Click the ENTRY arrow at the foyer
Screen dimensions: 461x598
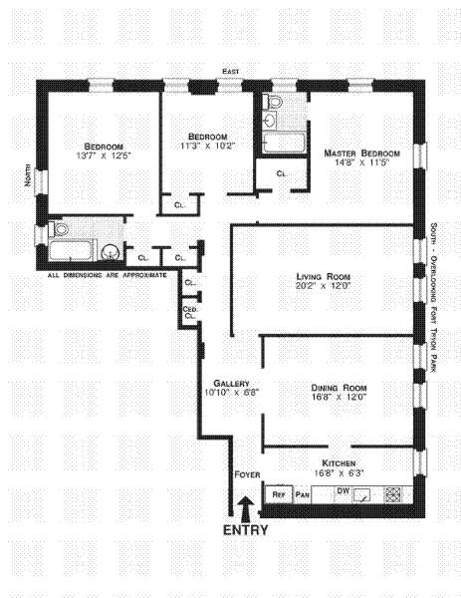[x=246, y=508]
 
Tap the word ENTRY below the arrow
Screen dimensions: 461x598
[x=246, y=530]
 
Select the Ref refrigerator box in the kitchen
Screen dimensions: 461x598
[x=279, y=494]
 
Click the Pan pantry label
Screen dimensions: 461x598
[x=303, y=495]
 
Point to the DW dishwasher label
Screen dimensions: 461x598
[x=344, y=490]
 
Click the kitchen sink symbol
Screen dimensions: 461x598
[x=361, y=495]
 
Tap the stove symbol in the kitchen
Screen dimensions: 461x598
[x=392, y=494]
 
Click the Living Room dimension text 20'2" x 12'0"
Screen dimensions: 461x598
[x=323, y=286]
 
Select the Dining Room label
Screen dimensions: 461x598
[x=340, y=388]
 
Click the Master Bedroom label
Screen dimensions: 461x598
[x=362, y=153]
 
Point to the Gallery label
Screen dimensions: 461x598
[x=231, y=384]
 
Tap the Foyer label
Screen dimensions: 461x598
[x=247, y=474]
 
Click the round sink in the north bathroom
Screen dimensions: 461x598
[x=112, y=252]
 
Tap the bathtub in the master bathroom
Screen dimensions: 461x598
[x=284, y=143]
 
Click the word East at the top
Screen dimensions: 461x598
[x=231, y=72]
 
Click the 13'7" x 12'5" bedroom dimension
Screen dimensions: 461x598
[x=104, y=155]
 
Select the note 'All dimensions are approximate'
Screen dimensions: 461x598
[x=108, y=275]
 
